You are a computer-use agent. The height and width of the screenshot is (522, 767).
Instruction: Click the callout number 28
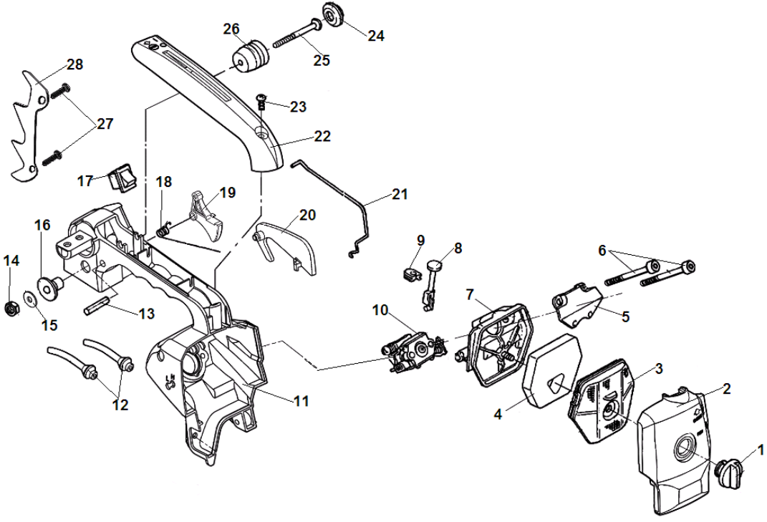pos(74,64)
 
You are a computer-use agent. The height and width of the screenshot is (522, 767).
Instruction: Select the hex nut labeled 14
pos(11,309)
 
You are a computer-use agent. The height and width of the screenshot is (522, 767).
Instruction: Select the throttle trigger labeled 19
pos(206,213)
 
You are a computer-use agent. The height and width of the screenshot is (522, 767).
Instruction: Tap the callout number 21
pos(400,194)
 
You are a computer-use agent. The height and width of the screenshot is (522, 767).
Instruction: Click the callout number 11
pos(301,402)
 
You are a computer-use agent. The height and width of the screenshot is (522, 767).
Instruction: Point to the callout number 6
pos(602,251)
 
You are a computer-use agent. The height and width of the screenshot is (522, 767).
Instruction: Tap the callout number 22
pos(322,135)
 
